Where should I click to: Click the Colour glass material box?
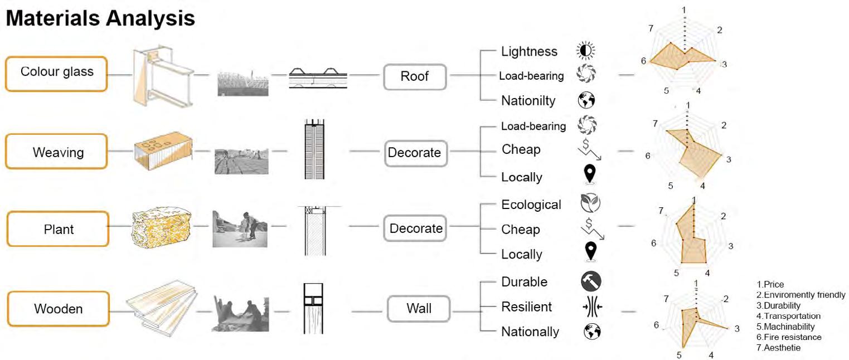click(56, 73)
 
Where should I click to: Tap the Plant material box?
click(57, 229)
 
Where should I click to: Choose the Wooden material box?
click(57, 308)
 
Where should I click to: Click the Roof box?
click(415, 76)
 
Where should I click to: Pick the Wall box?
click(418, 308)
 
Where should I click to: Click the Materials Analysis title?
click(100, 18)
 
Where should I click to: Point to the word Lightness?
click(529, 51)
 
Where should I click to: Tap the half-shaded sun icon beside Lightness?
click(585, 51)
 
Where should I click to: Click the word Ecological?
click(531, 205)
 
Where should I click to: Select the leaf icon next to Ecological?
click(590, 204)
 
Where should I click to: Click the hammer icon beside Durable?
click(590, 281)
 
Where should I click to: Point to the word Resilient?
click(526, 307)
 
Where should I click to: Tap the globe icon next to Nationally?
click(591, 332)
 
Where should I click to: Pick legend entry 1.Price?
click(770, 284)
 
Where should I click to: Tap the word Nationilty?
click(528, 101)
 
